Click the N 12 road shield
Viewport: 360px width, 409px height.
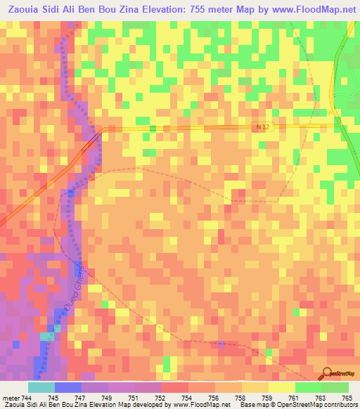(262, 126)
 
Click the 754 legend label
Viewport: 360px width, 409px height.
(188, 398)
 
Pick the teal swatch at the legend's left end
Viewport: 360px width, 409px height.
(41, 387)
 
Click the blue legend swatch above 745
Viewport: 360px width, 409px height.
(68, 387)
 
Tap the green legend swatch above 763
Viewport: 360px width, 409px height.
(308, 387)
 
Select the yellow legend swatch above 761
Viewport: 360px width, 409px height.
(281, 387)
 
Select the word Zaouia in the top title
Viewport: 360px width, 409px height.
(23, 9)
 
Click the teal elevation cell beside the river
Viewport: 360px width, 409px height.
(46, 337)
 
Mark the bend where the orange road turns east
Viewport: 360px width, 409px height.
(102, 130)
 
